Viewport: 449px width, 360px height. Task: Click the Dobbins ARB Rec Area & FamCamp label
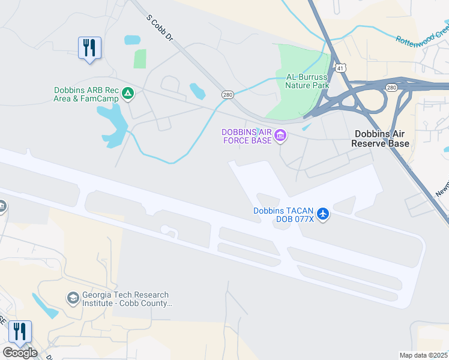[x=88, y=94]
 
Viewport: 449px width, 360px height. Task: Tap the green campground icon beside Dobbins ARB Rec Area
[x=127, y=93]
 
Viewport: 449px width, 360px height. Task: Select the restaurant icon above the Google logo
[x=19, y=333]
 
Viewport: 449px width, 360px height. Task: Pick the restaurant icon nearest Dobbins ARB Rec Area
[x=89, y=48]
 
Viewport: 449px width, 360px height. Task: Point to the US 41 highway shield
[x=340, y=68]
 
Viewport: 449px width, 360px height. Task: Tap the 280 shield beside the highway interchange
[x=391, y=88]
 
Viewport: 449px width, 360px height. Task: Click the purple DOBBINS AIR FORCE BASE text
[x=246, y=137]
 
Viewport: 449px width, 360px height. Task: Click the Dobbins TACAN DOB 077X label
[x=284, y=215]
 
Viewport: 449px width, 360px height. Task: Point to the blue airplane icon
[x=323, y=214]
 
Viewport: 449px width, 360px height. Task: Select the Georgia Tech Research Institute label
[x=126, y=299]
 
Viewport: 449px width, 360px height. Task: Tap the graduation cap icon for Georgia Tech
[x=73, y=298]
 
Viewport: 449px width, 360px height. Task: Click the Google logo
[x=20, y=353]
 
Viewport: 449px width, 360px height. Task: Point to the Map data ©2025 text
[x=424, y=355]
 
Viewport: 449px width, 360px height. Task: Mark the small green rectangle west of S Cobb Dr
[x=140, y=59]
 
